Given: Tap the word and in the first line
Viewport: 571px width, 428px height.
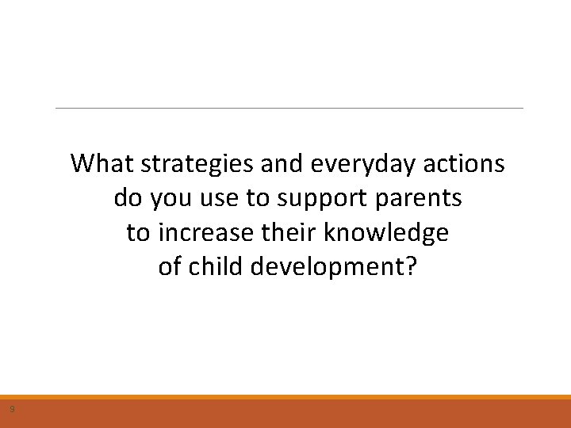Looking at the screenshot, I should coord(280,163).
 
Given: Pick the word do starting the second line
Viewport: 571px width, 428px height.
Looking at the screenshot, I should coord(127,198).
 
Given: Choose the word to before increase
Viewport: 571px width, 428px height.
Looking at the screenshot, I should coord(138,233).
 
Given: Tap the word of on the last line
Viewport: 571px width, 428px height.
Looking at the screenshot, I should coord(170,267).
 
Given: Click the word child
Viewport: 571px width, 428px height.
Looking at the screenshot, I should coord(216,267).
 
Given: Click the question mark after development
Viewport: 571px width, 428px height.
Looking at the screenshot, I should coord(409,267).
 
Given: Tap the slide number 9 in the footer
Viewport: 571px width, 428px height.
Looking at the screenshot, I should coord(12,410).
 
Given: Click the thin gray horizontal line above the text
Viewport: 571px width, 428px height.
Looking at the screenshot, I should coord(289,108).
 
